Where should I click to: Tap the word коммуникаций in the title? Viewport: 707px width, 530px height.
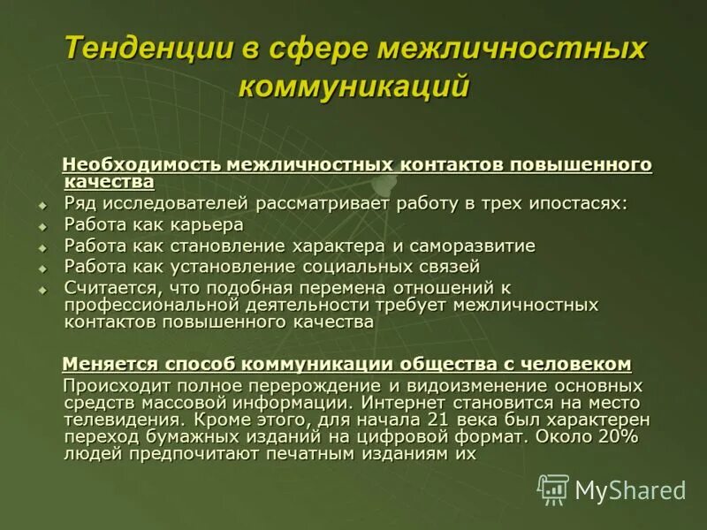[353, 87]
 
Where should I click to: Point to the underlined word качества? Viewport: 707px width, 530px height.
[109, 182]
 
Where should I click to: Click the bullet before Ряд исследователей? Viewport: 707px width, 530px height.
[42, 205]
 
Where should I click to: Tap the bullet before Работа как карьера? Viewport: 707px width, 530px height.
[42, 225]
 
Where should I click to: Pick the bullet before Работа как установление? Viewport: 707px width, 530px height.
[42, 267]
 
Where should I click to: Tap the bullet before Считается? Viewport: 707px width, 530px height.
[42, 288]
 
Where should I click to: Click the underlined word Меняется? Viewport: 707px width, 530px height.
[110, 364]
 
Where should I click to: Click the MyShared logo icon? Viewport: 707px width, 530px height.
[553, 488]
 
